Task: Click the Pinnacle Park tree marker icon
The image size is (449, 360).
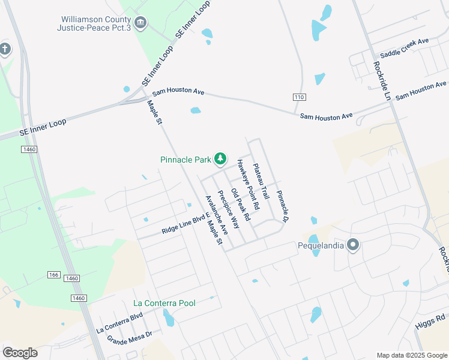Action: (x=220, y=158)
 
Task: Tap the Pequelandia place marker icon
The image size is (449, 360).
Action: (x=353, y=245)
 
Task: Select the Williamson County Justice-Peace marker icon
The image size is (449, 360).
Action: (x=140, y=23)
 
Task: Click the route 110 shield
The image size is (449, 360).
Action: (x=299, y=97)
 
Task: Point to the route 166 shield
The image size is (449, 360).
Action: (x=54, y=274)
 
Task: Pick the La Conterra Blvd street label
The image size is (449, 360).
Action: (x=119, y=322)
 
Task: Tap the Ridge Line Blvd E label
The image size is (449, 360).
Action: (x=184, y=223)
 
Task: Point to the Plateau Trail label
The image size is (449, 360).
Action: (x=261, y=182)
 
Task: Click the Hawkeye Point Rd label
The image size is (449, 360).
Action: (x=247, y=184)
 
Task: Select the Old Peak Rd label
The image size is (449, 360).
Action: (x=240, y=205)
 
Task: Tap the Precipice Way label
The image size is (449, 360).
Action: (x=228, y=209)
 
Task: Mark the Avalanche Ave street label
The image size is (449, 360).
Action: (x=217, y=214)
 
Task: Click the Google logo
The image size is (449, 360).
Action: (x=20, y=353)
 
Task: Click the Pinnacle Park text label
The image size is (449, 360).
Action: (x=185, y=160)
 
